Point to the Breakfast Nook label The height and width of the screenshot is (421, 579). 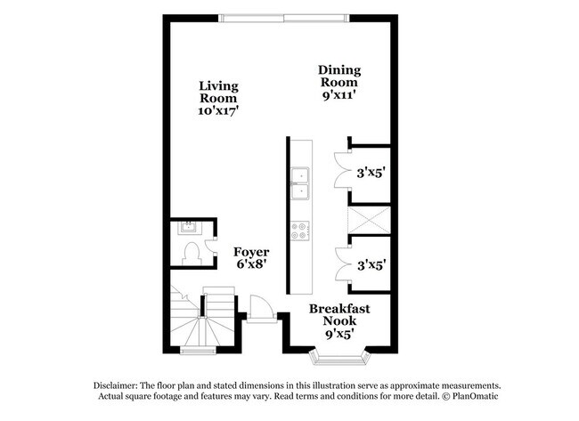click(x=339, y=315)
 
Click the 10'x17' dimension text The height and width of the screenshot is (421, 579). click(x=218, y=111)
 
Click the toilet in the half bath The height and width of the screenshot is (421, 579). click(x=190, y=252)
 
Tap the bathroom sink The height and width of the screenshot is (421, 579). click(x=189, y=227)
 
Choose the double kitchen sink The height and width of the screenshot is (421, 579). click(x=300, y=183)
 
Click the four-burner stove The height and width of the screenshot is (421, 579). click(x=300, y=231)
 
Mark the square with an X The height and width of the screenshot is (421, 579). click(x=369, y=218)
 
